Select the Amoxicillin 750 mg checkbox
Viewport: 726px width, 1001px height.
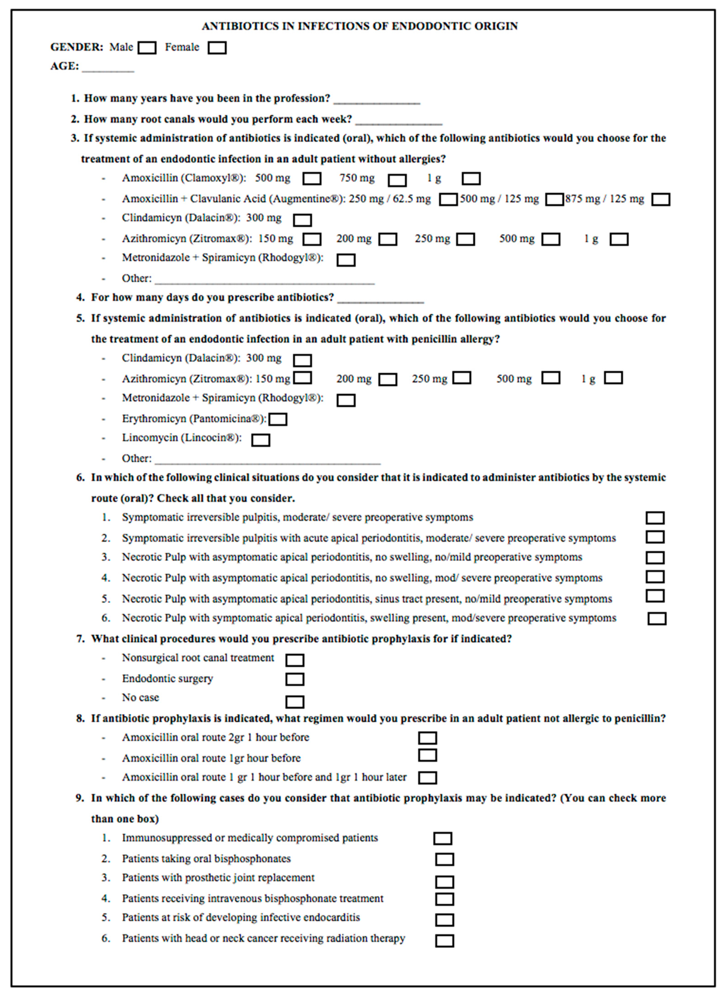(397, 180)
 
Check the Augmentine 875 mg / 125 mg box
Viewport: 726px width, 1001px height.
(661, 199)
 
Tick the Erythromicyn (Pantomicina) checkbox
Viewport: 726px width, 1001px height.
(278, 419)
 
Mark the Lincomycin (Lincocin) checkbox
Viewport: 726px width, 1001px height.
(261, 440)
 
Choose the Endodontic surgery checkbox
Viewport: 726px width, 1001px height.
(295, 679)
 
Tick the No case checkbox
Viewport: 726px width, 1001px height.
(295, 702)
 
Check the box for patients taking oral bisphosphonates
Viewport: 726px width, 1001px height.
(444, 859)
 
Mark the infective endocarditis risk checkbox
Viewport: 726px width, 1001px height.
(444, 920)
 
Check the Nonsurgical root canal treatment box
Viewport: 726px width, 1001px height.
(295, 660)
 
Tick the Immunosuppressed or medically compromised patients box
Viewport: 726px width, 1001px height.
(443, 839)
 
